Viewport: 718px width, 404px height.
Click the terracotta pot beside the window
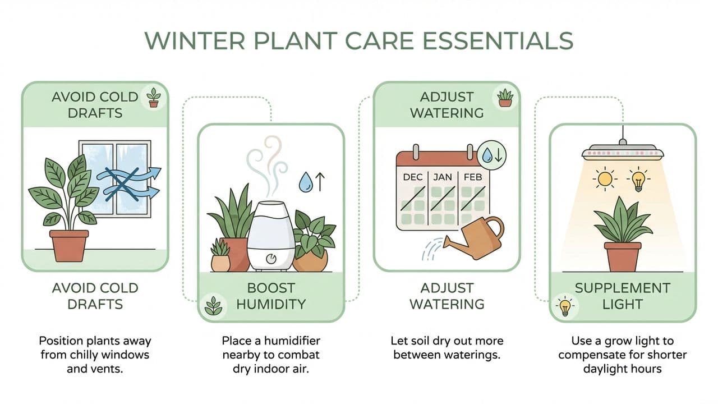[69, 245]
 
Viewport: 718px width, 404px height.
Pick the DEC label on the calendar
[413, 177]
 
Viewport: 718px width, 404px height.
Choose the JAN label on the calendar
[444, 177]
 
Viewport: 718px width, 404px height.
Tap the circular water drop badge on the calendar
[492, 154]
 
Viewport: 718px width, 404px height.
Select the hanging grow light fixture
[622, 151]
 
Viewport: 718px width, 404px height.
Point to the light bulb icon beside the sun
[638, 179]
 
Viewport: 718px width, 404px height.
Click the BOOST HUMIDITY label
[271, 296]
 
